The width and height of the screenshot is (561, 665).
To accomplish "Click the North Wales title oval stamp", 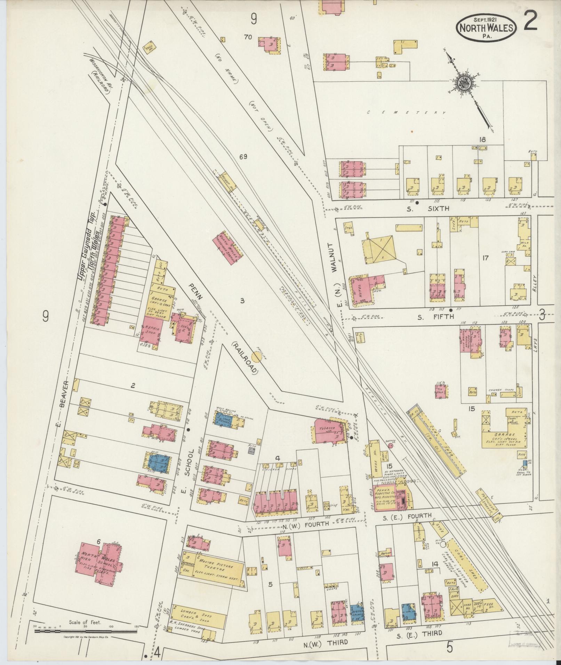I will (487, 24).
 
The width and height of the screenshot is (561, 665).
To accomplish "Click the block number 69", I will (243, 157).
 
